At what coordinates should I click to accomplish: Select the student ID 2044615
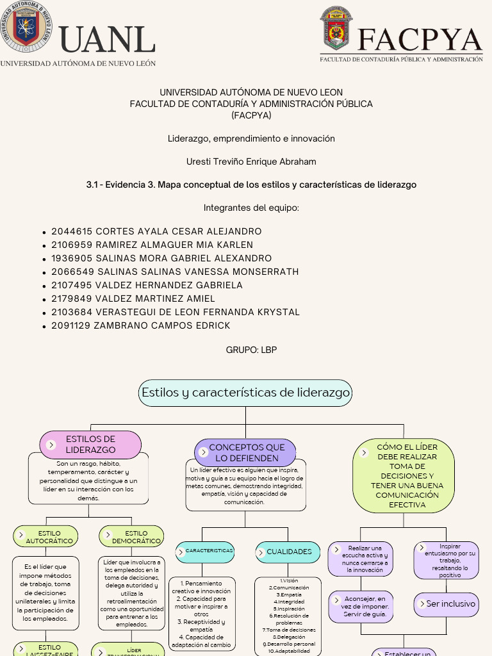coord(72,231)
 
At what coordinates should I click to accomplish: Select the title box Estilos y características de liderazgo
coord(245,393)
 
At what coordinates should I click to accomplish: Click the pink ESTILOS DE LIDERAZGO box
coord(90,445)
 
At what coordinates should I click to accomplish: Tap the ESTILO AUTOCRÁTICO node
coord(46,537)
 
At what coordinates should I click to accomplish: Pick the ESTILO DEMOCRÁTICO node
coord(132,537)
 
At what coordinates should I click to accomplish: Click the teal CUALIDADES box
coord(288,552)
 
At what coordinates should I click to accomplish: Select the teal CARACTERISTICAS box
coord(205,551)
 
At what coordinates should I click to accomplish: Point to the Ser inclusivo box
coord(447,603)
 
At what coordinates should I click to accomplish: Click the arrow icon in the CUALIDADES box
coord(263,552)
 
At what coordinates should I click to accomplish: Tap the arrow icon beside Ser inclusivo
coord(422,603)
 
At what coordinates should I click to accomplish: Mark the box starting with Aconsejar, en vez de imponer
coord(361,606)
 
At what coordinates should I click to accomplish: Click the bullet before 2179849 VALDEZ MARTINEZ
coord(43,299)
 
